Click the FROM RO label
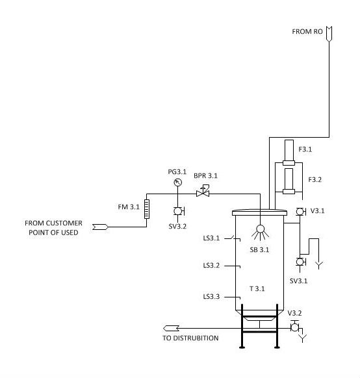coord(307,32)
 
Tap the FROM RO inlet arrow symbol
coord(329,34)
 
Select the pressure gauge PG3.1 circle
coord(177,183)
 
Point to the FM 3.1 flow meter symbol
coord(147,209)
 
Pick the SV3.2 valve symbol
coord(179,211)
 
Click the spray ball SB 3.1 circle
coord(260,229)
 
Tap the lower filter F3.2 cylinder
coord(289,181)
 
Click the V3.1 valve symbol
coord(300,212)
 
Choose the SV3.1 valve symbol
coord(300,262)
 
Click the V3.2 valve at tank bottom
coord(294,327)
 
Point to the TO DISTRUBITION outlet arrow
coord(171,329)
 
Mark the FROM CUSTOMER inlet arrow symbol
coord(100,227)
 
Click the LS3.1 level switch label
coord(211,238)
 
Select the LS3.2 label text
coord(211,266)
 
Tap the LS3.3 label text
coord(211,296)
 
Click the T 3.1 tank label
coord(257,288)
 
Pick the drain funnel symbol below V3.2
coord(303,338)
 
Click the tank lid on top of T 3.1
coord(259,212)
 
